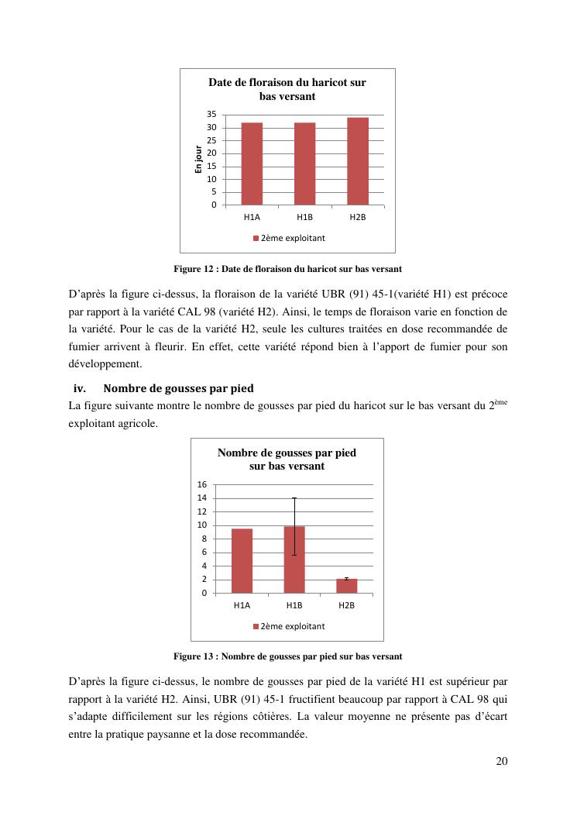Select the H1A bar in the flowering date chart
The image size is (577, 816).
point(252,164)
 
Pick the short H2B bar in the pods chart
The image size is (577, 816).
point(347,586)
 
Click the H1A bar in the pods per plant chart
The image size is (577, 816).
point(242,561)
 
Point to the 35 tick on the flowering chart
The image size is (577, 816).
point(211,115)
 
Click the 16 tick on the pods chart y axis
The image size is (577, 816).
point(201,484)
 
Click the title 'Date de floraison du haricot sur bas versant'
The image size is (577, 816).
point(287,89)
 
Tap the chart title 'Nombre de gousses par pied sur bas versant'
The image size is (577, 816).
point(287,459)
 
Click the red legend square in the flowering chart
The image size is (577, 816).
point(256,238)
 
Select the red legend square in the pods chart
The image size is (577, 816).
point(256,626)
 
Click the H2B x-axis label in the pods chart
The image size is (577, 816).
point(347,605)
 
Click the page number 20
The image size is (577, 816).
point(501,761)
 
